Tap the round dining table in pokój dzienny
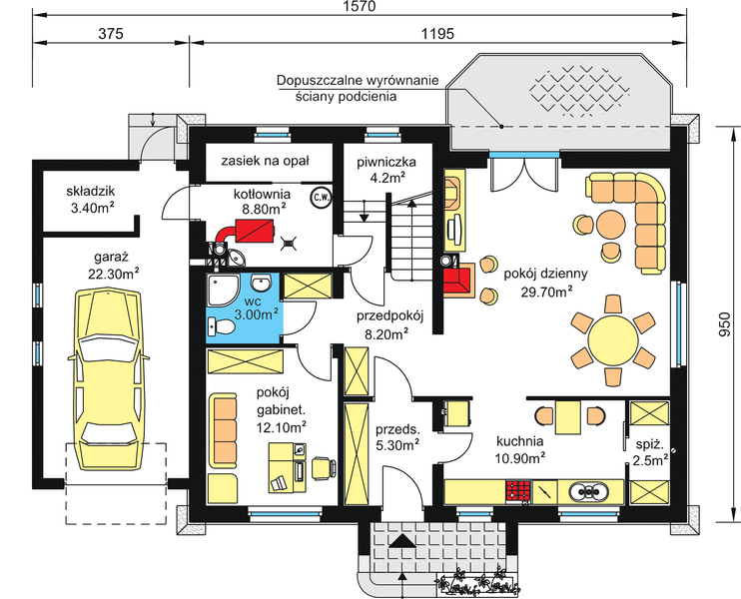pos(613,340)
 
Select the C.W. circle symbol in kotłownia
pos(321,198)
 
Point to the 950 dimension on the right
pos(723,325)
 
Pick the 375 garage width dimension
pos(111,34)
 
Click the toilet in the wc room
pos(221,326)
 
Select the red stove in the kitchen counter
pos(519,492)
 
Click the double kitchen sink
pos(588,492)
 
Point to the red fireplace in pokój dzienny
pos(458,280)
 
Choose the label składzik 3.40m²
pos(91,200)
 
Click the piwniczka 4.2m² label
pos(386,170)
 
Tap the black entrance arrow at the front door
pos(401,540)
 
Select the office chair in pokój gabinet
pos(324,467)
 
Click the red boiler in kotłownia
pos(256,231)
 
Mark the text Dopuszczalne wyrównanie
pos(358,80)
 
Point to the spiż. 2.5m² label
pos(650,452)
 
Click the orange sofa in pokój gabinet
pos(223,431)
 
